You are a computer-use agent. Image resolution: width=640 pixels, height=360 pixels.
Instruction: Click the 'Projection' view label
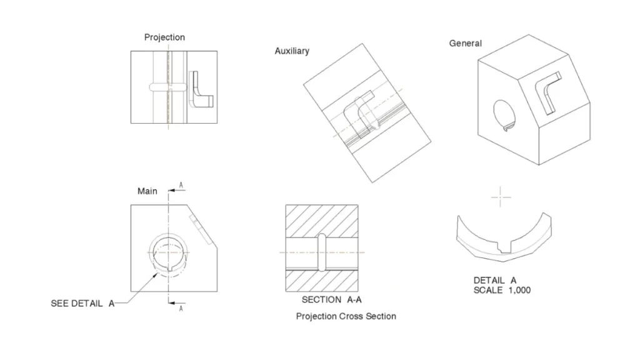(164, 37)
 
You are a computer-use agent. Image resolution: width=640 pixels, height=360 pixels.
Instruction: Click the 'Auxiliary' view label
(292, 51)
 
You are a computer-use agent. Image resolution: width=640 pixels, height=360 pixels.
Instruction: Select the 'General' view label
(465, 43)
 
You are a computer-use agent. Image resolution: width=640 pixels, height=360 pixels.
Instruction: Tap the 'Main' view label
(147, 191)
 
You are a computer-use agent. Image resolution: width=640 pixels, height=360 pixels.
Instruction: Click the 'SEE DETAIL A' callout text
(82, 304)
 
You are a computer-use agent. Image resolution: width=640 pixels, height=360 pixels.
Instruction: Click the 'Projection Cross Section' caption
(346, 316)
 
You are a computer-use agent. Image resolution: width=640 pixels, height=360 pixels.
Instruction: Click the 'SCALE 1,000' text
(502, 290)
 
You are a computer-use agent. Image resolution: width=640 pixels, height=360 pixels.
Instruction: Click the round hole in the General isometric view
(505, 114)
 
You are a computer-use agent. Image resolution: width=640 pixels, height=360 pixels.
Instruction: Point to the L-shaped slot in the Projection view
(201, 91)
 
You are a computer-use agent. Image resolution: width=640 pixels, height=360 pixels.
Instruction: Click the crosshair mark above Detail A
(501, 197)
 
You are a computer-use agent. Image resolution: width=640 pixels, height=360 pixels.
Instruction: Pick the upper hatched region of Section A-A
(322, 221)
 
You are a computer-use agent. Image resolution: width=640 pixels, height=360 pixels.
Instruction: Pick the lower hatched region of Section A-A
(322, 281)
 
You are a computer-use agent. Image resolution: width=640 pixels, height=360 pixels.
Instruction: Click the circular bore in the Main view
(168, 252)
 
